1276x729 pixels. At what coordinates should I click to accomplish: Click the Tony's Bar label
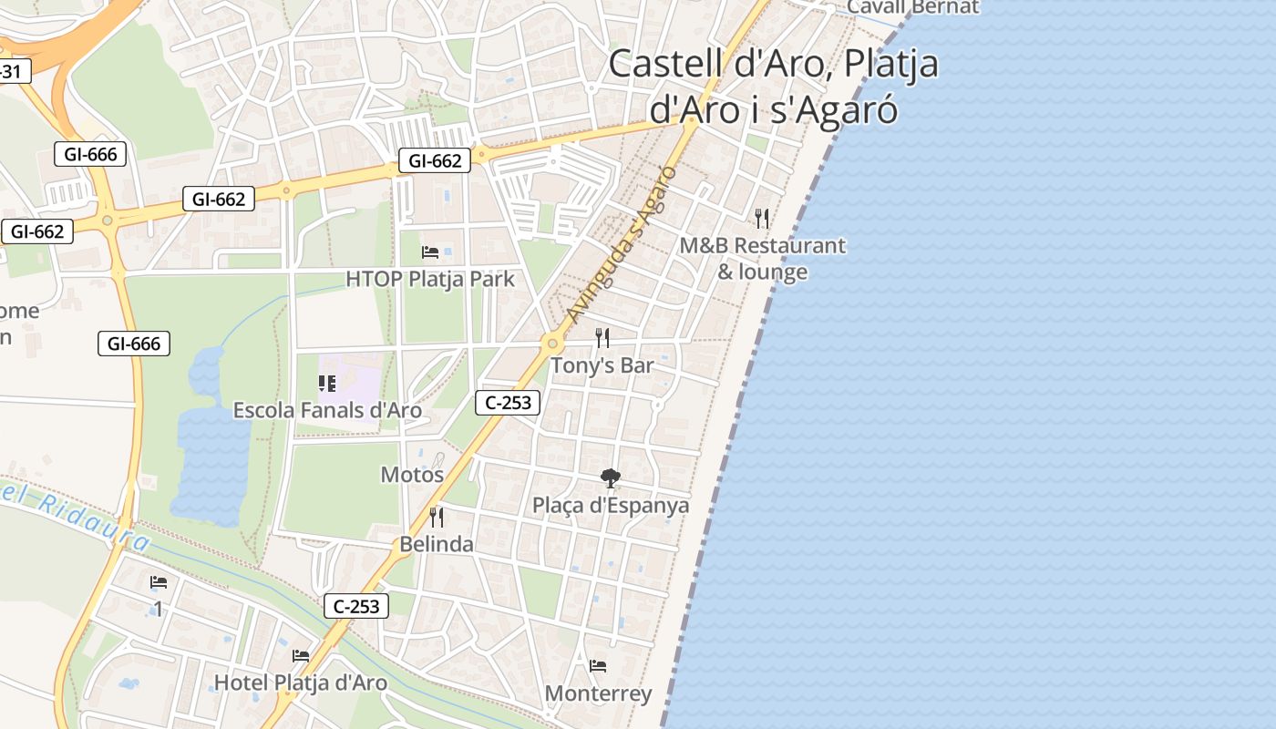coord(602,365)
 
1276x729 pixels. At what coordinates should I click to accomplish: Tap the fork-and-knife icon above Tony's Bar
coord(602,338)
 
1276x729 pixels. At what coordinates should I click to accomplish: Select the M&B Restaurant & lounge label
coord(763,259)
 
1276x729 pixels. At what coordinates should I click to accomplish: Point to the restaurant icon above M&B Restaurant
coord(762,218)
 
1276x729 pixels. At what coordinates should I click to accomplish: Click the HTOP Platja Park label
coord(430,279)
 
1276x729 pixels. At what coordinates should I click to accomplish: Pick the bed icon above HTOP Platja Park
coord(430,252)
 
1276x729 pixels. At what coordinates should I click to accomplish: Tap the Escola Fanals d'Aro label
coord(327,410)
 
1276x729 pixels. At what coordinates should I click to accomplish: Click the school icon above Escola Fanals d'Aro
coord(327,384)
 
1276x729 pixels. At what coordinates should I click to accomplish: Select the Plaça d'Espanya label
coord(611,505)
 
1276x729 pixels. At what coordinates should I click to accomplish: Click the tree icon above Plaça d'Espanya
coord(610,477)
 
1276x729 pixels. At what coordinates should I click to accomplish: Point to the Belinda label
coord(437,544)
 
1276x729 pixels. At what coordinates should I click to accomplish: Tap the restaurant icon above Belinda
coord(437,517)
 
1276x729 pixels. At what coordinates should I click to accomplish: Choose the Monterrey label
coord(598,693)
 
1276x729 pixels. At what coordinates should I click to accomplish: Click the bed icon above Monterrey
coord(598,666)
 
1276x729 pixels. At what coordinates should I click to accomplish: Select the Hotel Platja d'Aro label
coord(300,683)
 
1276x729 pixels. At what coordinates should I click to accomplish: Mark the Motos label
coord(412,475)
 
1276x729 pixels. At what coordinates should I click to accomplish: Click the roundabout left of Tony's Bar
coord(551,344)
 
